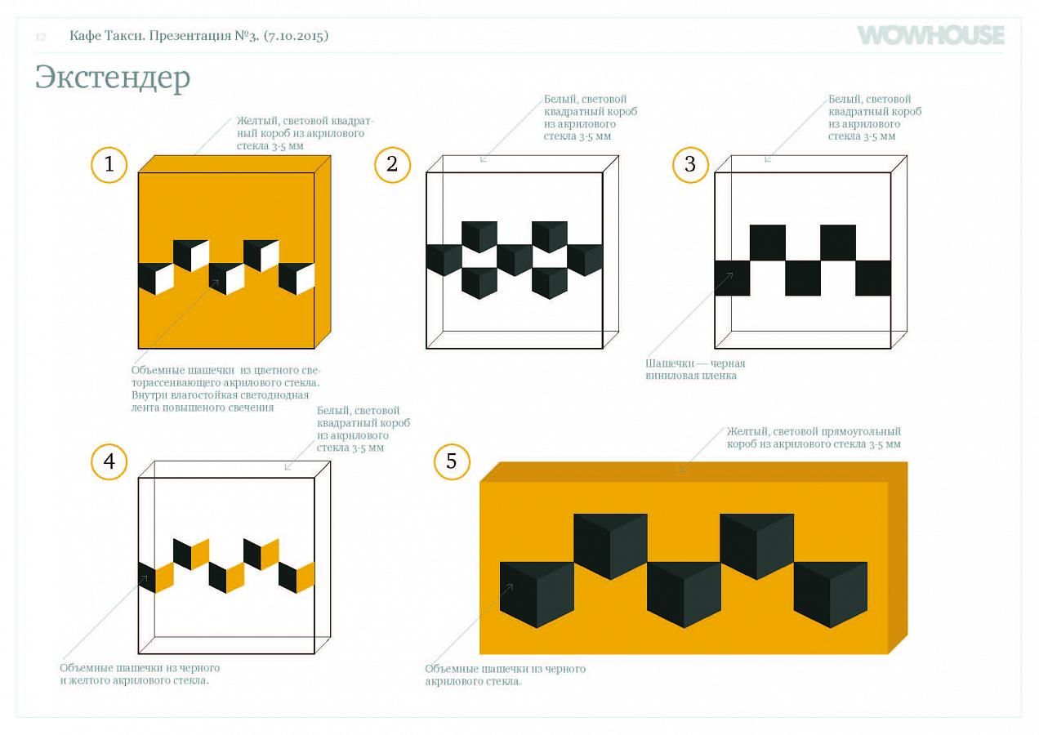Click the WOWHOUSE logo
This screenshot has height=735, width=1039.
(x=930, y=35)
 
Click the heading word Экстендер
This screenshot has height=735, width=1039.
(x=113, y=78)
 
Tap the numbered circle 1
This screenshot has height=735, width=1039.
(x=109, y=165)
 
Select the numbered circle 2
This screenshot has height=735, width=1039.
(x=392, y=165)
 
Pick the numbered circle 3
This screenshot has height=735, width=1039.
(x=691, y=165)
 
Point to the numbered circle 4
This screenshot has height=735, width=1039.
(x=109, y=461)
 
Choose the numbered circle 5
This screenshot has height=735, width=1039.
(x=452, y=461)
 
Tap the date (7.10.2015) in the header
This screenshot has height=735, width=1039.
(x=296, y=36)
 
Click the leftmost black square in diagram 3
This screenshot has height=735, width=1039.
(x=733, y=278)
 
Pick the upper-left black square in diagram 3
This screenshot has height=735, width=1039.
(x=768, y=243)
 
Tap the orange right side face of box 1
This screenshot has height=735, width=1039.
(x=323, y=252)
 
